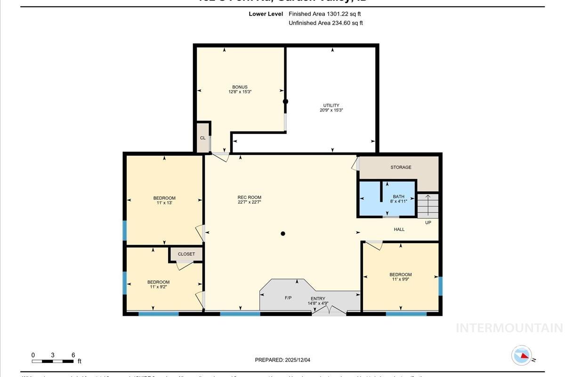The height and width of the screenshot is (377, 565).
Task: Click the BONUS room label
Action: point(240,87)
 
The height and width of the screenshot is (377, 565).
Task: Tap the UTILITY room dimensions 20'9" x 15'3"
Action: point(331,110)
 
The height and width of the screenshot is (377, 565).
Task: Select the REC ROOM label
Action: point(249,197)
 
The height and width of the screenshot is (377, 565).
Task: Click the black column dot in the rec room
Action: point(283,234)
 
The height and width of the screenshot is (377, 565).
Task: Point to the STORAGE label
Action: point(401,167)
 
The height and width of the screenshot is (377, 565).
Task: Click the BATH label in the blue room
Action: point(399,197)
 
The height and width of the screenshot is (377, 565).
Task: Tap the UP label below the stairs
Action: point(428,222)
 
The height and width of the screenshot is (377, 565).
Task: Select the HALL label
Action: point(399,229)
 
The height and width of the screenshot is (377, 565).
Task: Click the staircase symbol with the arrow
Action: point(428,205)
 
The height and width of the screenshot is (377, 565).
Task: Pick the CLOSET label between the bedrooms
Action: point(186,254)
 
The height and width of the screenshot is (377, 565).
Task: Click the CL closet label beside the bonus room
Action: point(202,138)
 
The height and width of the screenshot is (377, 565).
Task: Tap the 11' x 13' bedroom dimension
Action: point(164,203)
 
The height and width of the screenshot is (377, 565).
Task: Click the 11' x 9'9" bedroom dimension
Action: point(400,279)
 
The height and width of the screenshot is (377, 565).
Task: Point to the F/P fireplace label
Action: point(289,298)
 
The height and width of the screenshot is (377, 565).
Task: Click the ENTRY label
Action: point(318,299)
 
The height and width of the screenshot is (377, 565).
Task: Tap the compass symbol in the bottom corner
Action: point(522,355)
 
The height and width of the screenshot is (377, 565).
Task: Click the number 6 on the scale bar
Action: point(73,355)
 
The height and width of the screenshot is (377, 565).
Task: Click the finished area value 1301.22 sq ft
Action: point(338,14)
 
